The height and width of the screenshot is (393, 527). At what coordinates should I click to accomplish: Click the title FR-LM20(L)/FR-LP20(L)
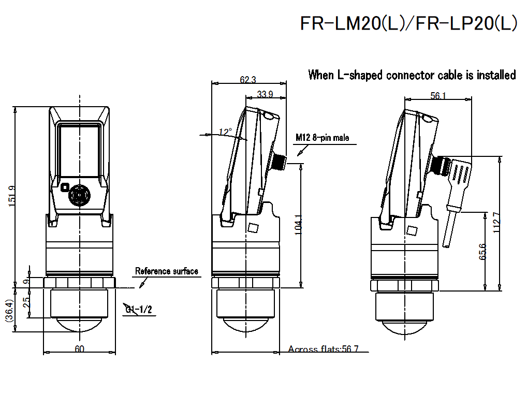(408, 23)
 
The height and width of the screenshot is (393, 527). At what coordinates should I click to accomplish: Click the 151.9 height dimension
(11, 196)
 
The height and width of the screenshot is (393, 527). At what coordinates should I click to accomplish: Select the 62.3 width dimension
(248, 80)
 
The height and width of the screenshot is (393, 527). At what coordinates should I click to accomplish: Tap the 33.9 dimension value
(265, 94)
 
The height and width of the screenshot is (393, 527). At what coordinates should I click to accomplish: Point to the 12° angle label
(225, 132)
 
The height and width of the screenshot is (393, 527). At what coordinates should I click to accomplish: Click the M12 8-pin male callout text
(323, 138)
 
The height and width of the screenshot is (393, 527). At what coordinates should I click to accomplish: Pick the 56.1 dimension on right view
(438, 95)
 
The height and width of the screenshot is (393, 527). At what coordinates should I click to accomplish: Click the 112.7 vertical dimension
(496, 223)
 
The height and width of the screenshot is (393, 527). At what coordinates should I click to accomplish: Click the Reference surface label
(166, 271)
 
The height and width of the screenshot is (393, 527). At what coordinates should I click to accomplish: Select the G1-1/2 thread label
(138, 310)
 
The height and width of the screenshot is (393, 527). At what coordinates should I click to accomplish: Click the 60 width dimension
(79, 349)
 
